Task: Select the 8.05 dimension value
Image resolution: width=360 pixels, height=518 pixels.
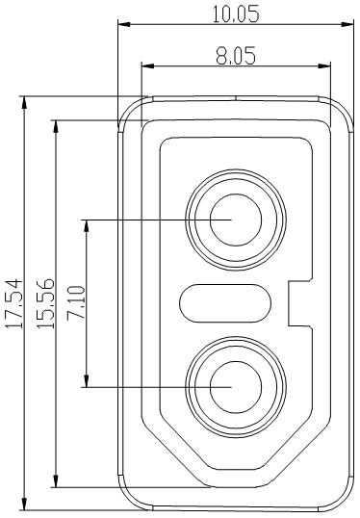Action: pyautogui.click(x=235, y=56)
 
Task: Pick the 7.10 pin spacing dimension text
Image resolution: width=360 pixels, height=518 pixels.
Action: pyautogui.click(x=76, y=302)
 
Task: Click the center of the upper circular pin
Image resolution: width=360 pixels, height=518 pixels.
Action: pyautogui.click(x=235, y=219)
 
